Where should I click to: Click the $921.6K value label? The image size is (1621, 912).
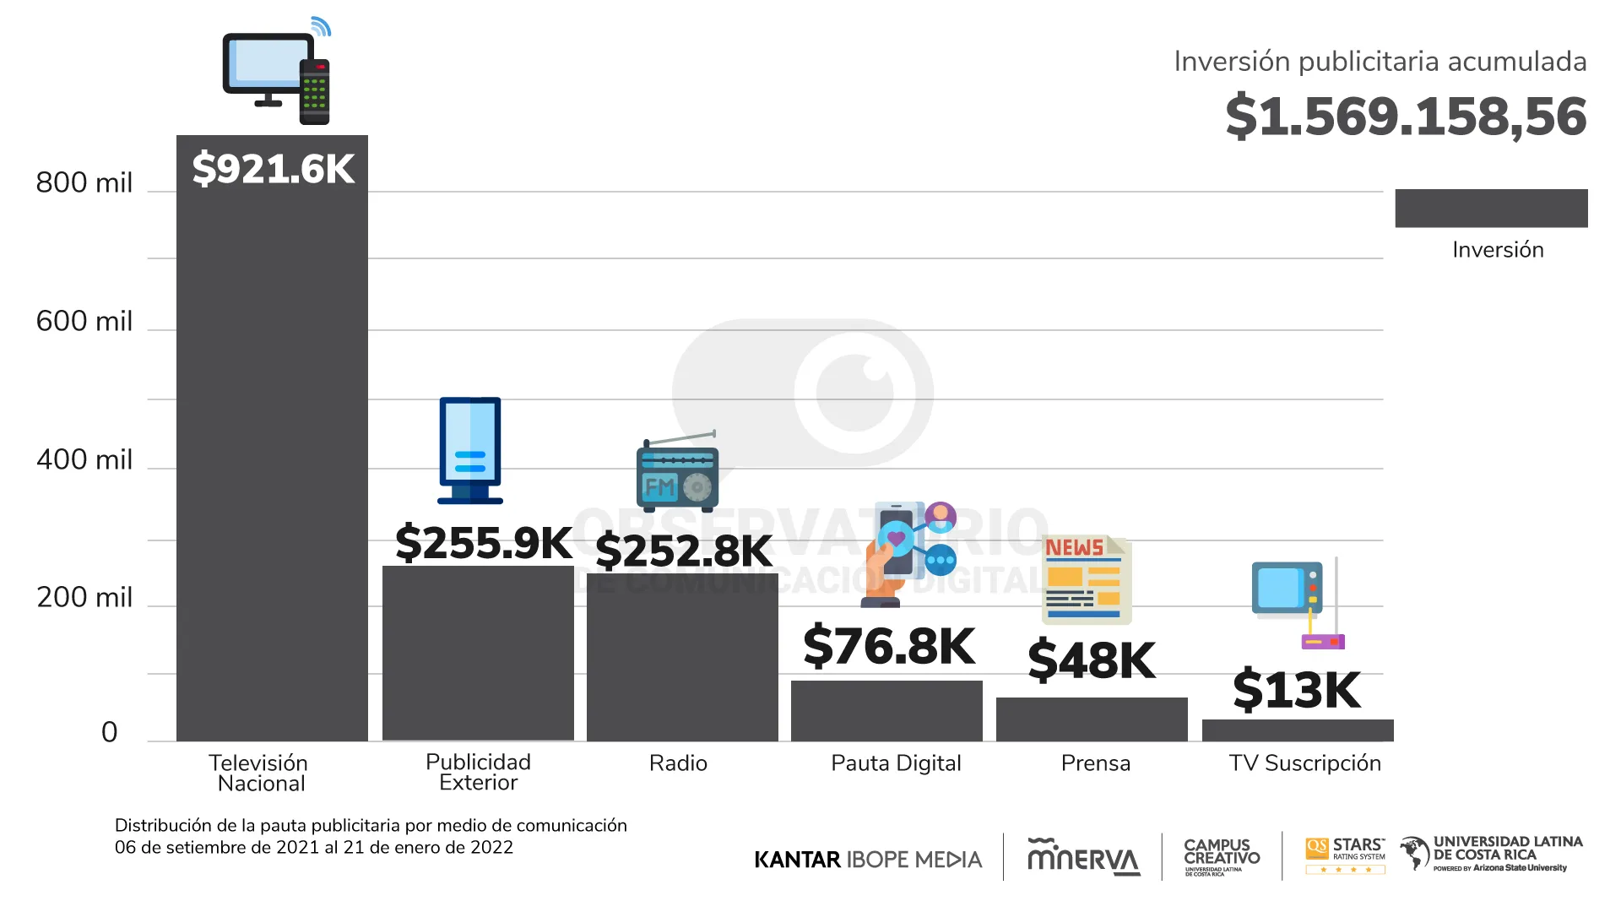tap(273, 168)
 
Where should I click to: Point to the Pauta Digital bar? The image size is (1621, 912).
tap(886, 710)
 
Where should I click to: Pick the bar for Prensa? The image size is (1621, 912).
tap(1092, 719)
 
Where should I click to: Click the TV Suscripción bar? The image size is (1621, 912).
tap(1298, 730)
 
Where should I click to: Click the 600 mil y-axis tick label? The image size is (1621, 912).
tap(84, 321)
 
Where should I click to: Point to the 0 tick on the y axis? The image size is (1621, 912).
tap(109, 731)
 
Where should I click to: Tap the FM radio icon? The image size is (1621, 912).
tap(677, 473)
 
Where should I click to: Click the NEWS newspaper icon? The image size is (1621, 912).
tap(1086, 579)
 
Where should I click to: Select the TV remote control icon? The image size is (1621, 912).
tap(314, 91)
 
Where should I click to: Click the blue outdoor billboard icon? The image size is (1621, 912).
tap(470, 450)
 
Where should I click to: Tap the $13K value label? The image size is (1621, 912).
tap(1296, 690)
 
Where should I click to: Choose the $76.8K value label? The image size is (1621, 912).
tap(888, 646)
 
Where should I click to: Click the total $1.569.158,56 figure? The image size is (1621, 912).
tap(1406, 117)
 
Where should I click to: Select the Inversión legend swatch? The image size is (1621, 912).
tap(1491, 208)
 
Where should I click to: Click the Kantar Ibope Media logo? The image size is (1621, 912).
tap(868, 860)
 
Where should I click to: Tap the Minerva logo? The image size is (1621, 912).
tap(1083, 857)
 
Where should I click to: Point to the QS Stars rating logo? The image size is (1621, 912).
tap(1345, 855)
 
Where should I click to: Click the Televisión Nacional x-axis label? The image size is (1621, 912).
tap(259, 773)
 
